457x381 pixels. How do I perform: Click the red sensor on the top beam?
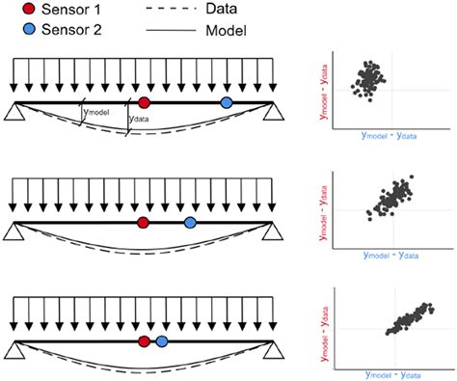click(x=144, y=102)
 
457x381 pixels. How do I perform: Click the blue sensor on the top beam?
click(x=227, y=102)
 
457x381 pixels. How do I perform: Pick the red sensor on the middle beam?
click(x=143, y=223)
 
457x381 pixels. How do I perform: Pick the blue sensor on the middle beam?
click(x=190, y=223)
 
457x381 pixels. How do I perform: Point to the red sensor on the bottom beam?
click(x=144, y=341)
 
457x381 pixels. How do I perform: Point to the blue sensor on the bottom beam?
click(x=162, y=341)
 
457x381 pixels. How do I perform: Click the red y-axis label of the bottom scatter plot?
click(x=330, y=331)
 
